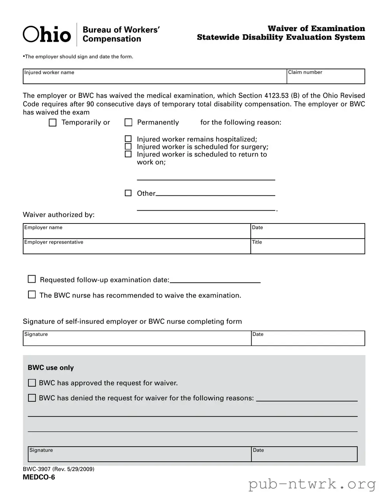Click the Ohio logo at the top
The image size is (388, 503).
click(x=47, y=35)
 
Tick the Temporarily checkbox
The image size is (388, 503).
click(x=52, y=123)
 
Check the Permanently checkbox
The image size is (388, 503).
click(x=128, y=123)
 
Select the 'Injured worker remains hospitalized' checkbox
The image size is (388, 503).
click(x=128, y=139)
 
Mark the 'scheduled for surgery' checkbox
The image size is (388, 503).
click(x=128, y=146)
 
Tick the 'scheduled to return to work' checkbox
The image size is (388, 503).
click(x=128, y=154)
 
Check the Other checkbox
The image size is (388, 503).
click(x=128, y=193)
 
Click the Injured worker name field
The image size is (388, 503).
click(x=155, y=78)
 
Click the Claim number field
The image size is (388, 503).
click(x=325, y=78)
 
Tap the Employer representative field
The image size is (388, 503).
click(x=136, y=248)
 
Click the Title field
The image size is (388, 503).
click(x=308, y=248)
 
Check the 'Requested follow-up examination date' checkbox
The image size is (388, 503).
click(x=32, y=279)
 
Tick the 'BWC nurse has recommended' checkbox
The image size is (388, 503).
click(x=32, y=295)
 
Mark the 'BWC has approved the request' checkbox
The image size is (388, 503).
click(x=32, y=383)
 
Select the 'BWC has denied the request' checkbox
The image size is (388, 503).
click(x=32, y=398)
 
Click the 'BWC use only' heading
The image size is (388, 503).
click(x=51, y=368)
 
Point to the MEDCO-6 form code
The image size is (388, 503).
click(x=39, y=477)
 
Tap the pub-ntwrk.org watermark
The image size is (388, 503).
click(x=312, y=484)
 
